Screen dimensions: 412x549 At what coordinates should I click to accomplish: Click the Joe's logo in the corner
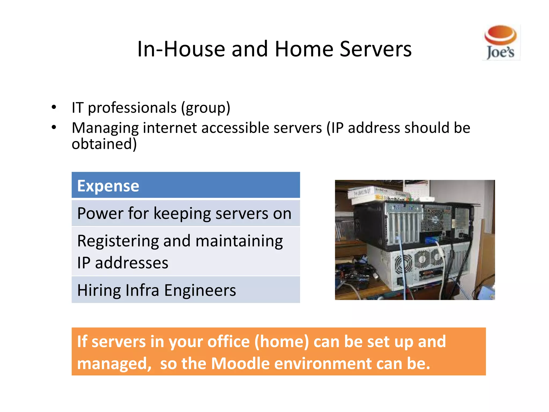pos(501,42)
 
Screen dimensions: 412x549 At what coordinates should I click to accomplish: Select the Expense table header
pos(186,185)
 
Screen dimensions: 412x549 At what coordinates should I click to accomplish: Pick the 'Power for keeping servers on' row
pos(186,214)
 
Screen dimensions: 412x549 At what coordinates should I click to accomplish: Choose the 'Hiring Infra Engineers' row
pos(186,290)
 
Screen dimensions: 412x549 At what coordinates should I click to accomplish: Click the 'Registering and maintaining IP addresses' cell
pos(186,251)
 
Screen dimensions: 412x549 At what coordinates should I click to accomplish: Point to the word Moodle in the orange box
pos(240,363)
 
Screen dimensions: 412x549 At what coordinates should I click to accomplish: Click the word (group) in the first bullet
pos(206,108)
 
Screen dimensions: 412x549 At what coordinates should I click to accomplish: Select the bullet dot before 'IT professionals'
pos(54,107)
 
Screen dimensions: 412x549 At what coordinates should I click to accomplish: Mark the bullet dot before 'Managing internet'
pos(54,127)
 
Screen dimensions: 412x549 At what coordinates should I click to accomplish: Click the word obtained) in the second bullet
pos(104,144)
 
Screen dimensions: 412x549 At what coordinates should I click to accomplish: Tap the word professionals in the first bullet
pos(132,108)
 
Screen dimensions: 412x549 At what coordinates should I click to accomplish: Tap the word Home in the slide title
pos(304,49)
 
